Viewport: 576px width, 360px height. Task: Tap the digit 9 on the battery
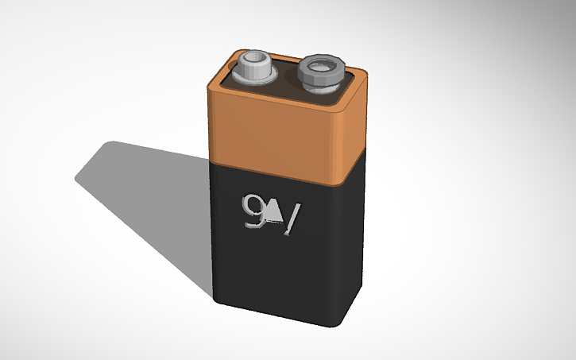click(253, 210)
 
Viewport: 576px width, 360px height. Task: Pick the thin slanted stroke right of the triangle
click(294, 220)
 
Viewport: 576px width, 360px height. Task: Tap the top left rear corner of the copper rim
click(238, 51)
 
